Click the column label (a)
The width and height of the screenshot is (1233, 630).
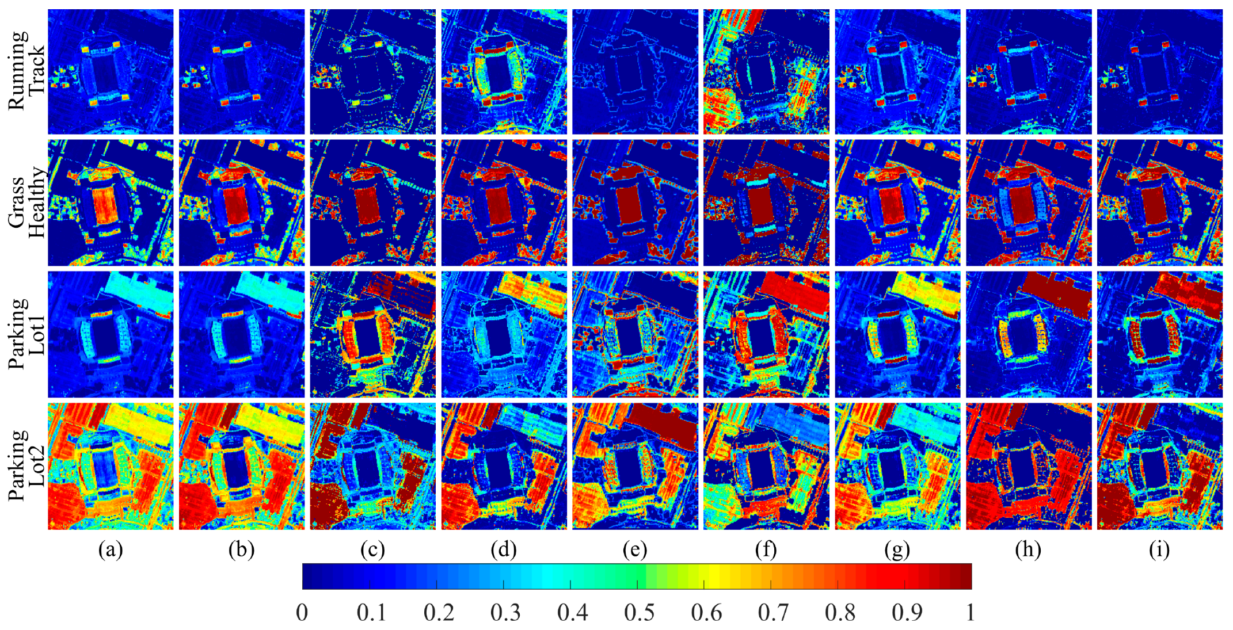(x=111, y=550)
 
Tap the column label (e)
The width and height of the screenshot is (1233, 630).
(x=635, y=550)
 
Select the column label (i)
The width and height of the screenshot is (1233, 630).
(x=1159, y=550)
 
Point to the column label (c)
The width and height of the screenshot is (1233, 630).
(x=372, y=550)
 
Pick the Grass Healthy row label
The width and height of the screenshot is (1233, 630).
(x=26, y=203)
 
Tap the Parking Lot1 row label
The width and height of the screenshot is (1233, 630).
(x=26, y=334)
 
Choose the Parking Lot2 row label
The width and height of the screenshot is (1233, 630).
(x=26, y=465)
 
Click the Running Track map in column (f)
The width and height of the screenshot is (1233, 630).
(x=766, y=72)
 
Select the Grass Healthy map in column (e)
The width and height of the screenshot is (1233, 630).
(x=635, y=203)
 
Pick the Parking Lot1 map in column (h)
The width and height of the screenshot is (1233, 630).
(x=1029, y=334)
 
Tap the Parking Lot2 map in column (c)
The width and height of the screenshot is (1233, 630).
(x=373, y=466)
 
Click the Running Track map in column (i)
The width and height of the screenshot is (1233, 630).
(x=1160, y=72)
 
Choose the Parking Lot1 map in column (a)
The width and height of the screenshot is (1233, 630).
(x=111, y=334)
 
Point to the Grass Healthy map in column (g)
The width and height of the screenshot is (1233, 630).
(x=897, y=203)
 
